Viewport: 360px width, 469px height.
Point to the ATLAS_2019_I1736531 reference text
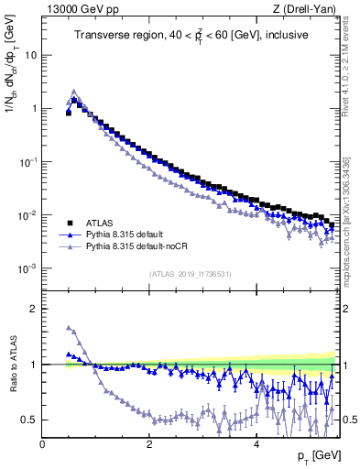click(190, 274)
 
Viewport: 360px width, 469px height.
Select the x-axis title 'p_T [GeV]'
click(313, 455)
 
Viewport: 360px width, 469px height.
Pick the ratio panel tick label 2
click(33, 309)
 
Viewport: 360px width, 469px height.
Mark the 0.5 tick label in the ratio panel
click(29, 420)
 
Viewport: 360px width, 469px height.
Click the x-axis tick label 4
click(256, 443)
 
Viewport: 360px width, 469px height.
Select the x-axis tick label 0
click(42, 443)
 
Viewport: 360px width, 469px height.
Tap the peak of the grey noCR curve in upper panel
click(74, 91)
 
